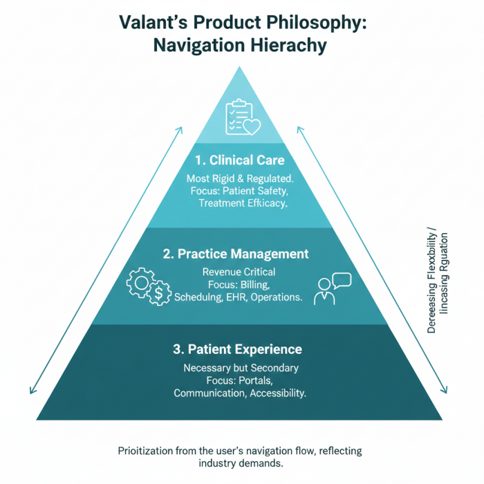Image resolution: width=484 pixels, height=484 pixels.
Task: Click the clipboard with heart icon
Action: [x=241, y=117]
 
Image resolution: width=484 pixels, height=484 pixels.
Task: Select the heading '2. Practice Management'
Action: [x=236, y=254]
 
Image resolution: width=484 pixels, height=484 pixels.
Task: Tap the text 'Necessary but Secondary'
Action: [x=241, y=368]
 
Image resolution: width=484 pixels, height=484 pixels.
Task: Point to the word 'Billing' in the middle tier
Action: [x=260, y=284]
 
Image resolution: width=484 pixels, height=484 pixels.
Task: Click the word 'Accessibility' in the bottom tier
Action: [x=274, y=393]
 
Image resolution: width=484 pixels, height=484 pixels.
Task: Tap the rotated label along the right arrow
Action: [x=438, y=280]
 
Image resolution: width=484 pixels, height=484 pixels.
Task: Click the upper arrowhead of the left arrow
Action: [x=181, y=129]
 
